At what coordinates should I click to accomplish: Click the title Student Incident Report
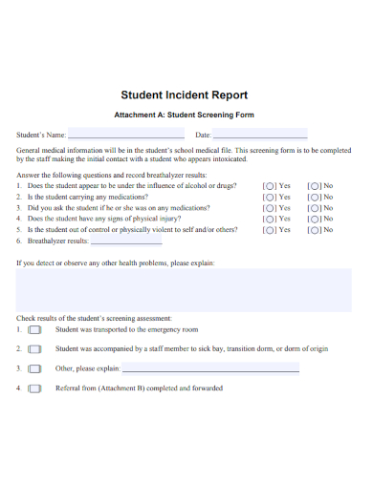[185, 95]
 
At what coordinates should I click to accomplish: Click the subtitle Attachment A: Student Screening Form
[185, 115]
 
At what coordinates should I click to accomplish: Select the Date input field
[260, 134]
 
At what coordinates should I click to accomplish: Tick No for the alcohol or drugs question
[313, 186]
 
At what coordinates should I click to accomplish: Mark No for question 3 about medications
[313, 208]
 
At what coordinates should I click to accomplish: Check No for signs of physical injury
[313, 219]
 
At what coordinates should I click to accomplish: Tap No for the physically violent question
[313, 230]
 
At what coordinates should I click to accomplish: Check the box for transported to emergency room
[35, 329]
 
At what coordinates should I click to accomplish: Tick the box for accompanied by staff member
[35, 349]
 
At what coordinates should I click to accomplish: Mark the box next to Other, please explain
[35, 368]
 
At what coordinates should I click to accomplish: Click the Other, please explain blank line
[210, 368]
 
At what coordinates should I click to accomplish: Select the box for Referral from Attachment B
[35, 388]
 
